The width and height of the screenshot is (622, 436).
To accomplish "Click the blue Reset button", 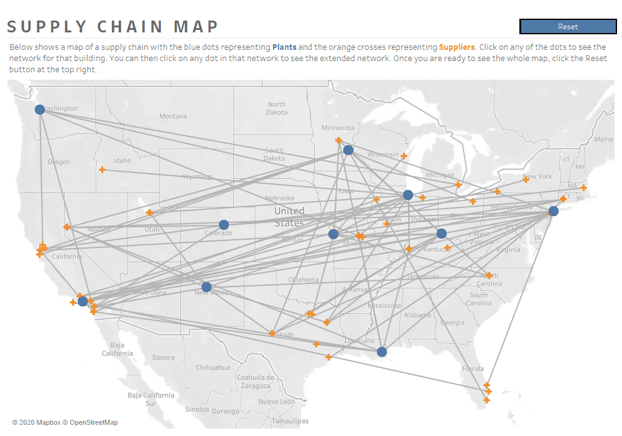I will [x=567, y=26].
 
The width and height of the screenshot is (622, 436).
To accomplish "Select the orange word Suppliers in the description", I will [x=457, y=47].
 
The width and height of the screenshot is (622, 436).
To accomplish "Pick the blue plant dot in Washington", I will [x=40, y=110].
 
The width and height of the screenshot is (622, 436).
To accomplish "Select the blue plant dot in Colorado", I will [x=224, y=225].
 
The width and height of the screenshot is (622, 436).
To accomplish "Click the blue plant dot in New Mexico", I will [x=207, y=287].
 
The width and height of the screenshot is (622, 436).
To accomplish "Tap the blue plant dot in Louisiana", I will [x=382, y=352].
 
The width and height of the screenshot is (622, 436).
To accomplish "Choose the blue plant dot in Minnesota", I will [x=348, y=150].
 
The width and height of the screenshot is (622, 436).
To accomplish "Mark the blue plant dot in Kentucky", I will [x=442, y=234].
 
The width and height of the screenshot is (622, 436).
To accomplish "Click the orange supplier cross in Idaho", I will [x=102, y=169].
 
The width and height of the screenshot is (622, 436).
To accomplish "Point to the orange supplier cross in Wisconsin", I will [x=404, y=156].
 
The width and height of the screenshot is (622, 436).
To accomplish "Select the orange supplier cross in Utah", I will [x=149, y=212].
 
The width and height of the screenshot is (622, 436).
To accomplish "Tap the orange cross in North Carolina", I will [x=489, y=275].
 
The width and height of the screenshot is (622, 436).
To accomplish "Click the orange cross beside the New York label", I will [x=526, y=179].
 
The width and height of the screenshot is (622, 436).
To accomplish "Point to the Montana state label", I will [x=173, y=116].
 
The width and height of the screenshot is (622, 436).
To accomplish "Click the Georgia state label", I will [x=452, y=323].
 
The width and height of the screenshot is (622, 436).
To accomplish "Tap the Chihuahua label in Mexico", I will [x=213, y=367].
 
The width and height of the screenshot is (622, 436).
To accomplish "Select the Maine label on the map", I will [x=603, y=140].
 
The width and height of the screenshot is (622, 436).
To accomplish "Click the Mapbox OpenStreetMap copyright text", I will [x=65, y=422].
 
